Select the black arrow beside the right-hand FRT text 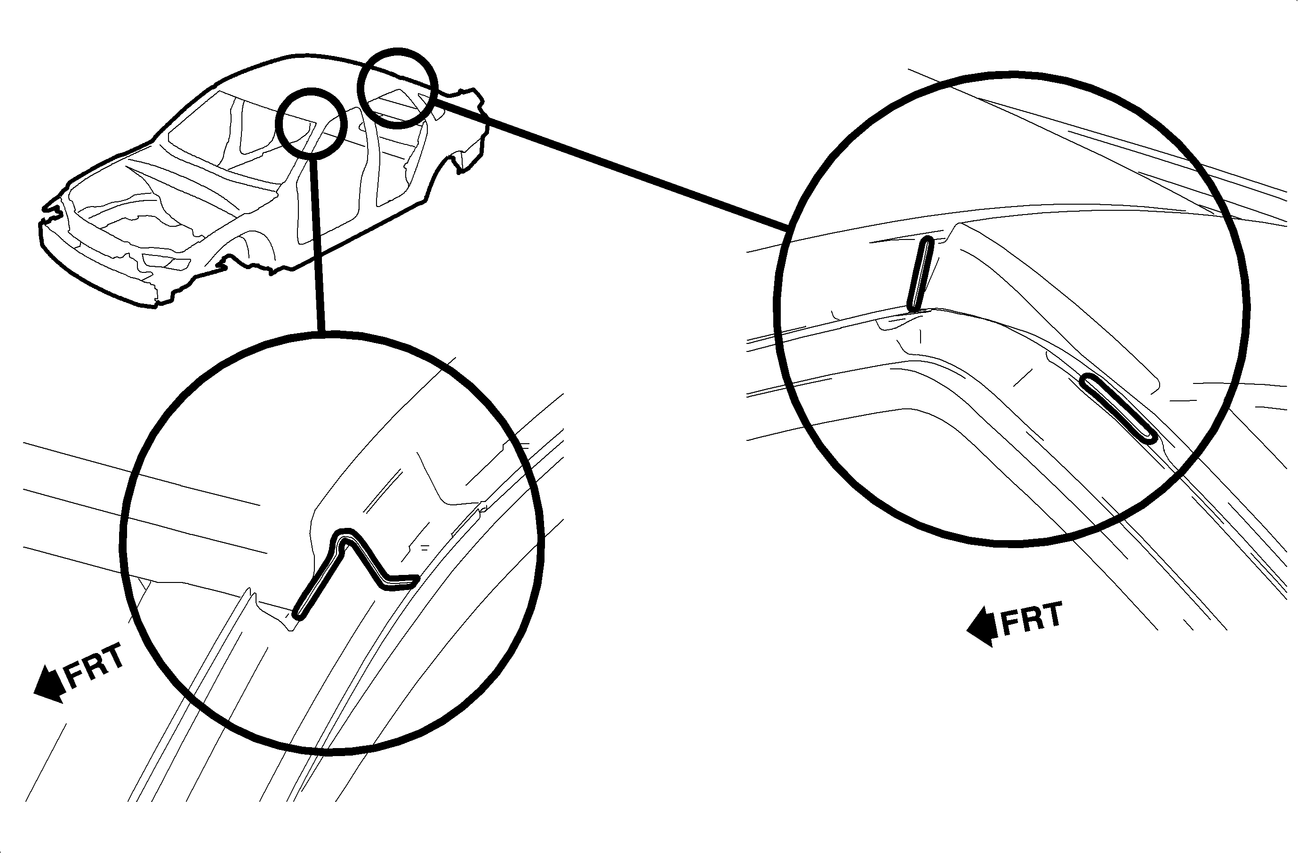coord(983,627)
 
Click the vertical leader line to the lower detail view coord(317,245)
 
